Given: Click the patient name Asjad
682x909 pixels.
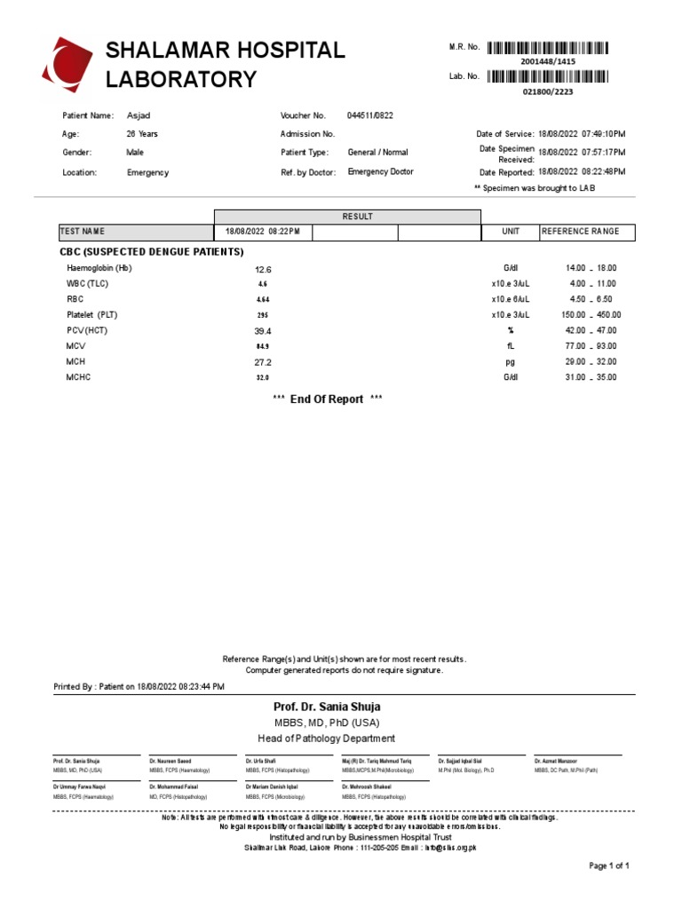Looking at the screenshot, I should pyautogui.click(x=139, y=116).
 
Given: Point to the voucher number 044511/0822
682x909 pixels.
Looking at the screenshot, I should pyautogui.click(x=369, y=116).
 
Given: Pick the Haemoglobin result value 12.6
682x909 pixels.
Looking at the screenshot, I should pyautogui.click(x=263, y=269).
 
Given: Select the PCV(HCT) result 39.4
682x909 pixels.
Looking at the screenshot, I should pyautogui.click(x=263, y=330).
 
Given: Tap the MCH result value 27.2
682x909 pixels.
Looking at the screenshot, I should pyautogui.click(x=263, y=362).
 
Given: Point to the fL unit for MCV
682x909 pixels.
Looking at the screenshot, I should pyautogui.click(x=511, y=346).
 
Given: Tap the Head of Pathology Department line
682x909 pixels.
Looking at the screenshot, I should pyautogui.click(x=327, y=739).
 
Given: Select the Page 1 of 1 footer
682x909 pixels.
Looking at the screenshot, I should pyautogui.click(x=609, y=866).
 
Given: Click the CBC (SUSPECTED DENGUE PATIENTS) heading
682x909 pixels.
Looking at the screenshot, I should pyautogui.click(x=151, y=252).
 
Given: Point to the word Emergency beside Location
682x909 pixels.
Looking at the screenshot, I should pyautogui.click(x=147, y=173).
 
